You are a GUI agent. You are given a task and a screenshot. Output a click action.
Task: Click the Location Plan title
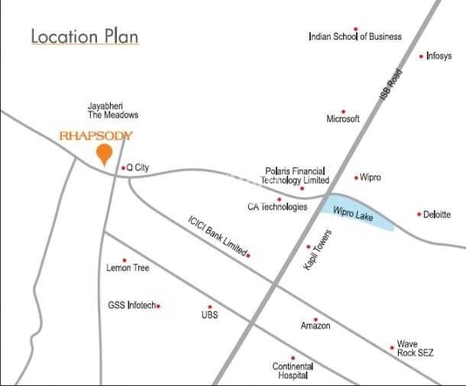point(85,37)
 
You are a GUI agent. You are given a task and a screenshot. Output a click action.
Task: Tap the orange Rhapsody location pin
point(102,156)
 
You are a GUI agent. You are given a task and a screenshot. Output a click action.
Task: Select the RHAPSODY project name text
point(96,136)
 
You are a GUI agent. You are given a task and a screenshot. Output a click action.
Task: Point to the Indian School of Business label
point(354,37)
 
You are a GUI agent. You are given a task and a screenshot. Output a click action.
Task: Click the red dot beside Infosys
point(421,56)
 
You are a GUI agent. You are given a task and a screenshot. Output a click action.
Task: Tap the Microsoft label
point(342,119)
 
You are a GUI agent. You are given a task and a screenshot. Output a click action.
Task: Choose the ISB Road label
point(390,86)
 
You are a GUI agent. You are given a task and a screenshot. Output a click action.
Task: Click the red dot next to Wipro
point(356,177)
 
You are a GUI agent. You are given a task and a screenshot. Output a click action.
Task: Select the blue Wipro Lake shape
point(359,213)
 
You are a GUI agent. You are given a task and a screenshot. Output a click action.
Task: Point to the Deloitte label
point(437,215)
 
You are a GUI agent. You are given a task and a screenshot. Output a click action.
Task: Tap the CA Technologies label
point(277,207)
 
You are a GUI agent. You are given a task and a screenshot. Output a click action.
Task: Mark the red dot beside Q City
point(123,167)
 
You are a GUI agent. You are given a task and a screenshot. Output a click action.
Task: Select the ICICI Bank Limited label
point(218,236)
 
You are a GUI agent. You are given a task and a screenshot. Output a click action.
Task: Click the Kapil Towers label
point(318,250)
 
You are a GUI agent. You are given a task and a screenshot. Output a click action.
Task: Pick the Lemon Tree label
point(128,268)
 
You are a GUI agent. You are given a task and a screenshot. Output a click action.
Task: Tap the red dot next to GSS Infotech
point(158,306)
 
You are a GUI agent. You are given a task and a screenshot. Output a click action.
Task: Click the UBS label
point(209,314)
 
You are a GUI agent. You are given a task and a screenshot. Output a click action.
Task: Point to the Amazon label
point(316,326)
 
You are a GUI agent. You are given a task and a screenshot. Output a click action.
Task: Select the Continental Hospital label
point(293,371)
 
